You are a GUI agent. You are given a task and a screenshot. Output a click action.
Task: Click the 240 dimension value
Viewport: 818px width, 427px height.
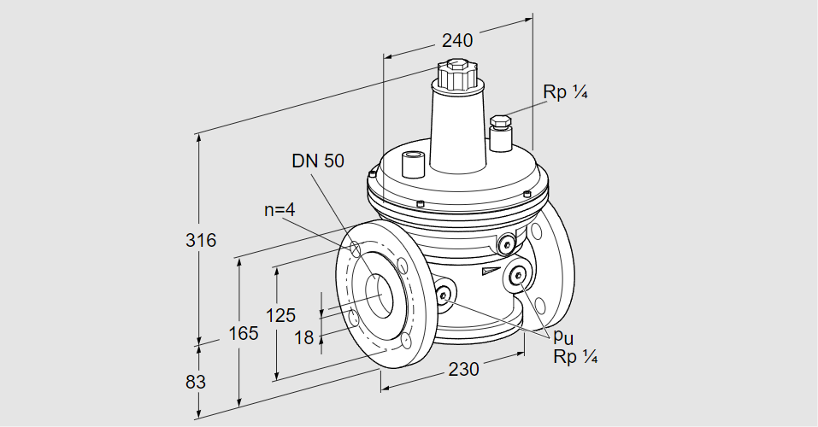457,39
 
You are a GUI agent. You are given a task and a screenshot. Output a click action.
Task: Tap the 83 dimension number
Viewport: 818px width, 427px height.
196,382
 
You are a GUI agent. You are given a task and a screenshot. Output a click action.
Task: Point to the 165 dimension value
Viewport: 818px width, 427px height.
243,334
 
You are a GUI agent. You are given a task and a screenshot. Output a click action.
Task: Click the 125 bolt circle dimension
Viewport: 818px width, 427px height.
281,314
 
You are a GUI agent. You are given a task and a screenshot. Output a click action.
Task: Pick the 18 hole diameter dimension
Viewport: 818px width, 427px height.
304,337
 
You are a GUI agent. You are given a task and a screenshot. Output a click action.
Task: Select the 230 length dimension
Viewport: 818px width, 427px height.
462,369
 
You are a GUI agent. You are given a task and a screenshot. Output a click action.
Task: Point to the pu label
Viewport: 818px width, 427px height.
562,338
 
